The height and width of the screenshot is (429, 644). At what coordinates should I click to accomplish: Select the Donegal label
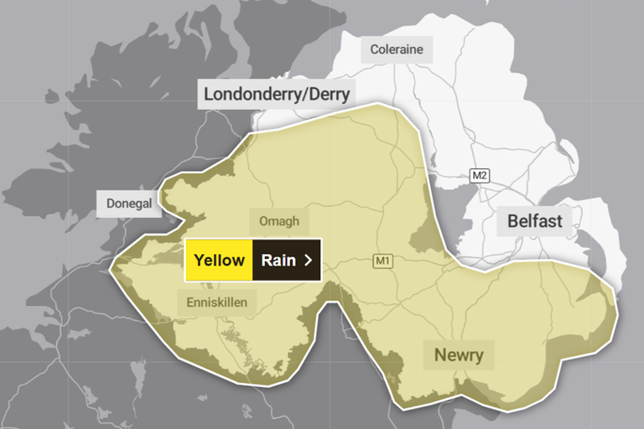click(128, 204)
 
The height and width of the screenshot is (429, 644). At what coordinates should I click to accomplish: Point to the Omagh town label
click(279, 222)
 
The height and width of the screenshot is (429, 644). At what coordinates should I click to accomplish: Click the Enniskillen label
click(217, 302)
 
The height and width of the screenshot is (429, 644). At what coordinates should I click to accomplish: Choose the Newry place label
click(459, 355)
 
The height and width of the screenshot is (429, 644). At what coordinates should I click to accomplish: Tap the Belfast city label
click(535, 222)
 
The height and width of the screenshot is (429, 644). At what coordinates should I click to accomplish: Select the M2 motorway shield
click(479, 175)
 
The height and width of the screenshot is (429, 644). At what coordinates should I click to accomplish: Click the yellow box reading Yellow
click(219, 260)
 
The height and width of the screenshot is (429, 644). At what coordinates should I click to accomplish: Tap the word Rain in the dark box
click(278, 260)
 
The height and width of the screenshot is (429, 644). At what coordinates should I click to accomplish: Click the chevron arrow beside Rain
click(309, 260)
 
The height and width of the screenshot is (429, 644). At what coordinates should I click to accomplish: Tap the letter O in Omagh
click(263, 222)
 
